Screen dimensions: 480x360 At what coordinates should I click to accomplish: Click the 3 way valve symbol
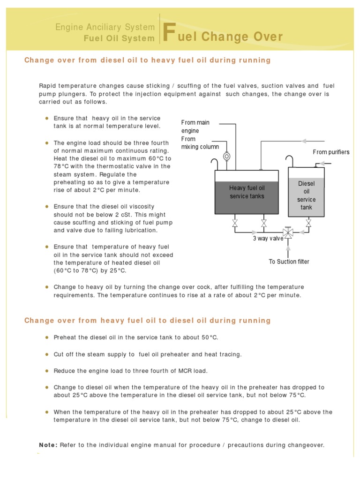[x=288, y=232]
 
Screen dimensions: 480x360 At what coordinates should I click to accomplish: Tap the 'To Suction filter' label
[x=289, y=262]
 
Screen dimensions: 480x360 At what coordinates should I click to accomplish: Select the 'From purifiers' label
[x=331, y=152]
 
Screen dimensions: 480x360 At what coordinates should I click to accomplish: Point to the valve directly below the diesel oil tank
[x=308, y=224]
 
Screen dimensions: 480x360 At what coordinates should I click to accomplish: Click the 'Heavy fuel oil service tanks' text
[x=247, y=192]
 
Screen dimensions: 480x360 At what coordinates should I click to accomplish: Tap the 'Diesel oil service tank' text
[x=306, y=195]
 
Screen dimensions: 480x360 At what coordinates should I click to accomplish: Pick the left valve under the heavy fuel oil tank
[x=235, y=224]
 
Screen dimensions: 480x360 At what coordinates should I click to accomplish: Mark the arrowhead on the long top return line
[x=304, y=141]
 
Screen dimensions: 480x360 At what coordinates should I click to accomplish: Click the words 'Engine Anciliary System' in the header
[x=105, y=27]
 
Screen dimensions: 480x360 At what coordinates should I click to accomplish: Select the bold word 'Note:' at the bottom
[x=48, y=445]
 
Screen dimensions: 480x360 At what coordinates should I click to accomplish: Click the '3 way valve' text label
[x=269, y=239]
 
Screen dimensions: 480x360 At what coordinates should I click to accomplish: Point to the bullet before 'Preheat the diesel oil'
[x=47, y=337]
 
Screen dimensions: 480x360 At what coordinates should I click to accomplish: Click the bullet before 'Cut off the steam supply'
[x=47, y=354]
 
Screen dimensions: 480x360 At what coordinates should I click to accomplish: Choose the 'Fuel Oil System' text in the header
[x=119, y=38]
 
